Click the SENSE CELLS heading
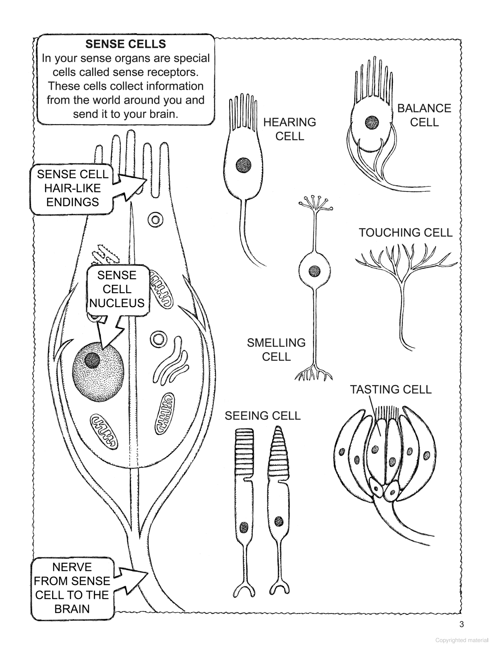125,44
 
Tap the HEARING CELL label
289,129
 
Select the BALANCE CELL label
424,115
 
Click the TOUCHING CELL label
405,232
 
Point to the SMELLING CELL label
276,349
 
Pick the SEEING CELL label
262,416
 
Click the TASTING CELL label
391,389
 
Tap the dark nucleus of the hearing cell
244,165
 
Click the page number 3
462,624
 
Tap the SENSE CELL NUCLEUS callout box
117,289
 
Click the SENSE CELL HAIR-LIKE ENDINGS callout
72,188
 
